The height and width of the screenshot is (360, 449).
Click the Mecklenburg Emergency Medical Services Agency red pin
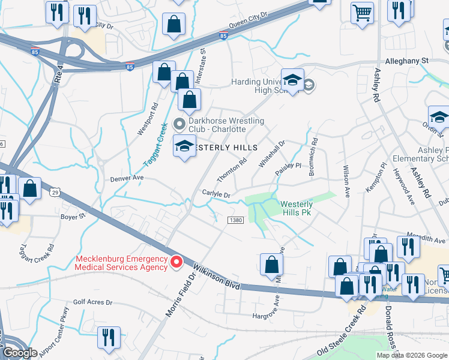(176, 262)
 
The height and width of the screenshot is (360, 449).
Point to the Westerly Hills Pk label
(297, 208)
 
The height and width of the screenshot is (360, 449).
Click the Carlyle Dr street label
(216, 194)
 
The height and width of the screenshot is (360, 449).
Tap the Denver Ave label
(127, 178)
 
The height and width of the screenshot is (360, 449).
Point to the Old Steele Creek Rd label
(343, 331)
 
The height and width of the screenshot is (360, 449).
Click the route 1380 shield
(235, 220)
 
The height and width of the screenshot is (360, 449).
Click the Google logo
(20, 353)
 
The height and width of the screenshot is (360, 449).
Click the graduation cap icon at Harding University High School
(292, 80)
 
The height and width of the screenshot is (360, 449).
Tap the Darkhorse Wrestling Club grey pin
(178, 124)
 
